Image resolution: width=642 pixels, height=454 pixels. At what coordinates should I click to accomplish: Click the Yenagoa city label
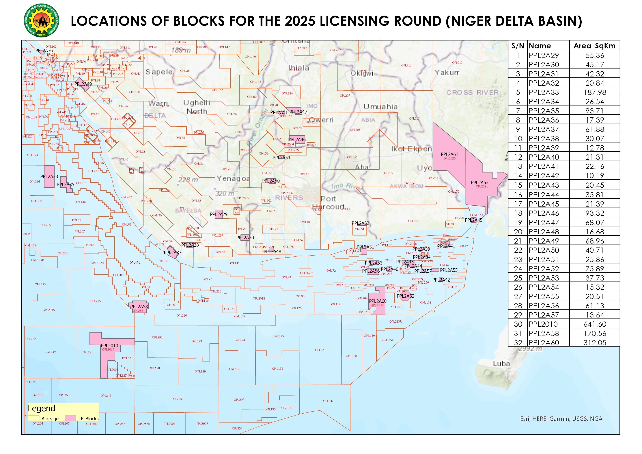click(233, 178)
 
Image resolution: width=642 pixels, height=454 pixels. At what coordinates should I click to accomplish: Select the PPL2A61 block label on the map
click(449, 154)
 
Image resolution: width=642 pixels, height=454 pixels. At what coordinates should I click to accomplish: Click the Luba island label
click(501, 364)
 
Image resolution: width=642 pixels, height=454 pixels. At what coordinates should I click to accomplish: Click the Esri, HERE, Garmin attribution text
click(561, 419)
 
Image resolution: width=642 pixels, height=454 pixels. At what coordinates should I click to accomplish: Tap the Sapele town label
click(159, 72)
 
